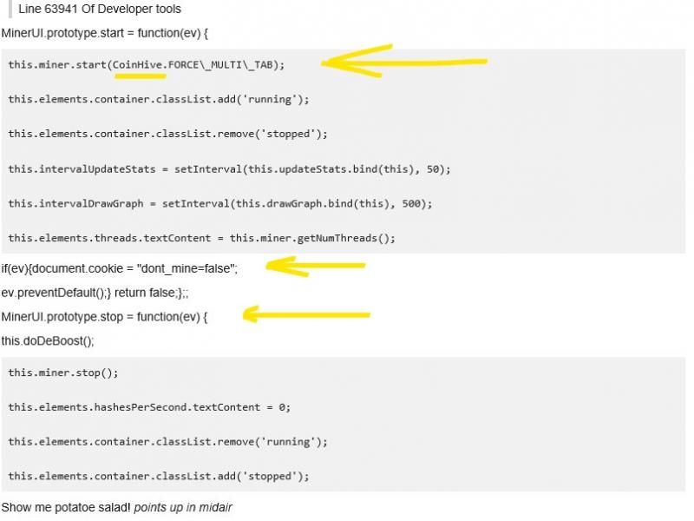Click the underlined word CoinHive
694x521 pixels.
click(x=137, y=64)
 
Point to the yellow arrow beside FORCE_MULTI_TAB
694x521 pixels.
click(x=404, y=61)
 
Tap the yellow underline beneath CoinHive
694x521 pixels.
click(x=141, y=76)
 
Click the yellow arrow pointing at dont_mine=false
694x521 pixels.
click(x=315, y=267)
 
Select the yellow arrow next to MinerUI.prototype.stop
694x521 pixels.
click(x=306, y=314)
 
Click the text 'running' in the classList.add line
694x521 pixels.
click(x=270, y=99)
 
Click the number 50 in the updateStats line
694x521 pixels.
click(x=432, y=169)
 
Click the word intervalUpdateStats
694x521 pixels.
click(x=97, y=169)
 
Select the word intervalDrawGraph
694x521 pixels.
click(x=91, y=204)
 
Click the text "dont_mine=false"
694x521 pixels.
click(x=187, y=268)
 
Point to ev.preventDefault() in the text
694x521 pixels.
click(x=53, y=293)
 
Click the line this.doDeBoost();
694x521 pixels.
click(x=48, y=341)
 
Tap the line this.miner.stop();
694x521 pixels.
click(x=63, y=373)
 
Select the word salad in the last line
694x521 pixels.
click(x=115, y=507)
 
